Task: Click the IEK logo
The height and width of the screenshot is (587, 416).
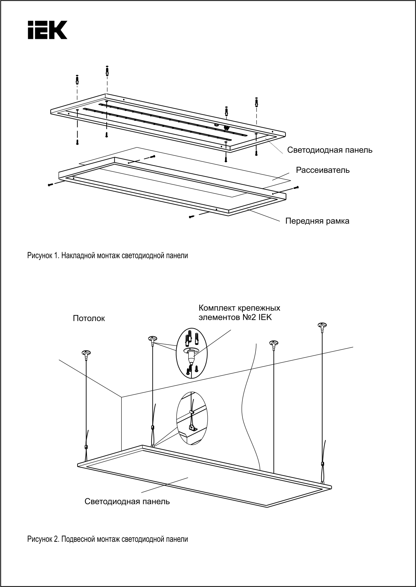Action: point(47,30)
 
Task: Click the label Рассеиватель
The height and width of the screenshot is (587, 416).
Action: point(322,170)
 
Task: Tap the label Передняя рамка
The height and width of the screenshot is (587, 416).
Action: point(317,221)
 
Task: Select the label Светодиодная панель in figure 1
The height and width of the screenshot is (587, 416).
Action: point(329,150)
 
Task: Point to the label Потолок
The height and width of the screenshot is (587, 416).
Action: point(89,318)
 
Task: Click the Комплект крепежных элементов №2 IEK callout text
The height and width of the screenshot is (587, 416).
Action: point(239,312)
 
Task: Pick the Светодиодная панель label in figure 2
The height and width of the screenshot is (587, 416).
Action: point(127,502)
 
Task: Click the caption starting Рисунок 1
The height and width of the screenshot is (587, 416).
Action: point(107,256)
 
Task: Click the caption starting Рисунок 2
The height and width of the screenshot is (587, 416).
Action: point(107,540)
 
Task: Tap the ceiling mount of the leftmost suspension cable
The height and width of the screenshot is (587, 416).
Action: point(86,353)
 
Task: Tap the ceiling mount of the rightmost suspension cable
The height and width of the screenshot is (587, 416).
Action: point(322,325)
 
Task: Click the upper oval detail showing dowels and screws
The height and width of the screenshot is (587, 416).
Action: point(192,353)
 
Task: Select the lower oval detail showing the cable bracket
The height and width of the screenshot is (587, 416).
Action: point(192,418)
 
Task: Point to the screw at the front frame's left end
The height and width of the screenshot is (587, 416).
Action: point(50,185)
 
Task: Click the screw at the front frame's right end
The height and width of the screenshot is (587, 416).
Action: point(296,188)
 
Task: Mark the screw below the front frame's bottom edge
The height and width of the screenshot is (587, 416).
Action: point(192,217)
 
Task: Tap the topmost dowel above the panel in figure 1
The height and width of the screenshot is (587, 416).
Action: point(107,71)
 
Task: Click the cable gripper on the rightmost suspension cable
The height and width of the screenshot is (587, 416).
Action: point(322,464)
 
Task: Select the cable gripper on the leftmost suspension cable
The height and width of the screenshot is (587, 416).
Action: point(86,447)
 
